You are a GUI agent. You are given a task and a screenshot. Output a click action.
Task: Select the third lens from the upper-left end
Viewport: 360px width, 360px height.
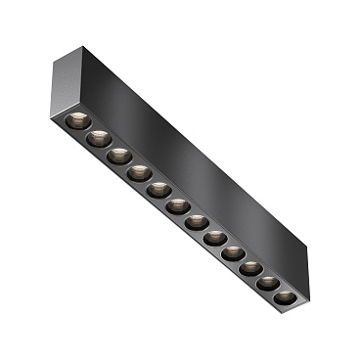(118, 155)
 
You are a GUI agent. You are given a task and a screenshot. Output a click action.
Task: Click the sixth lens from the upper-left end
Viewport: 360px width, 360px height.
(177, 205)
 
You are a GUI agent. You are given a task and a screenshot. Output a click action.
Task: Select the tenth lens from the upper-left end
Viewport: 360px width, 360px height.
(249, 267)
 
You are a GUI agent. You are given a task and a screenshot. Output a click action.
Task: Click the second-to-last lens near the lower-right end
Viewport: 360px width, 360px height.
(267, 282)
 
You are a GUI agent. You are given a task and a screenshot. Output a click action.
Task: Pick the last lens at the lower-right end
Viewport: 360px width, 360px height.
(284, 296)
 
